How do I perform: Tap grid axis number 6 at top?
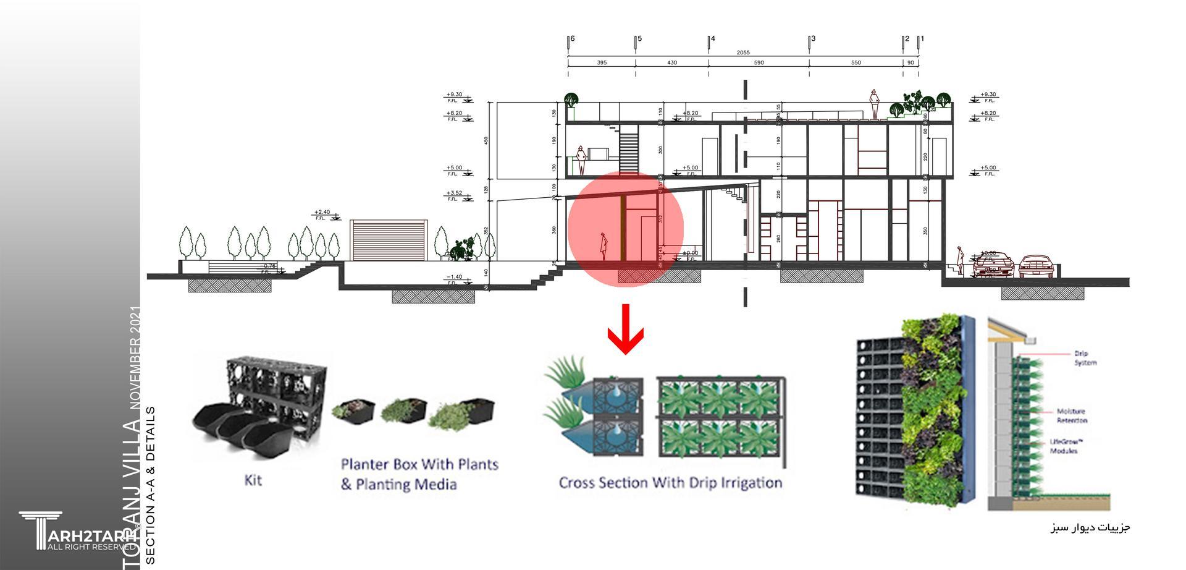coord(573,39)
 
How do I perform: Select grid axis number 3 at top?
coord(813,39)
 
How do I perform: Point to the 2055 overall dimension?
coord(743,53)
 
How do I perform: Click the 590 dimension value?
coord(759,63)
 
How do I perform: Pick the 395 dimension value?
coord(602,63)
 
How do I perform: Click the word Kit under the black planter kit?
coord(253,480)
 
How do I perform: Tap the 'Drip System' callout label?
coord(1085,359)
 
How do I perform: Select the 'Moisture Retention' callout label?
coord(1071,415)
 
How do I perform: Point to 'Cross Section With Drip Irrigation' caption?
coord(670,483)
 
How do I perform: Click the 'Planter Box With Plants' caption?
coord(419,464)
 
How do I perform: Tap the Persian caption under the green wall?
coord(1090,527)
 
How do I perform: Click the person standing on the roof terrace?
coord(874,104)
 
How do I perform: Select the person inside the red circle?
coord(604,247)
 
